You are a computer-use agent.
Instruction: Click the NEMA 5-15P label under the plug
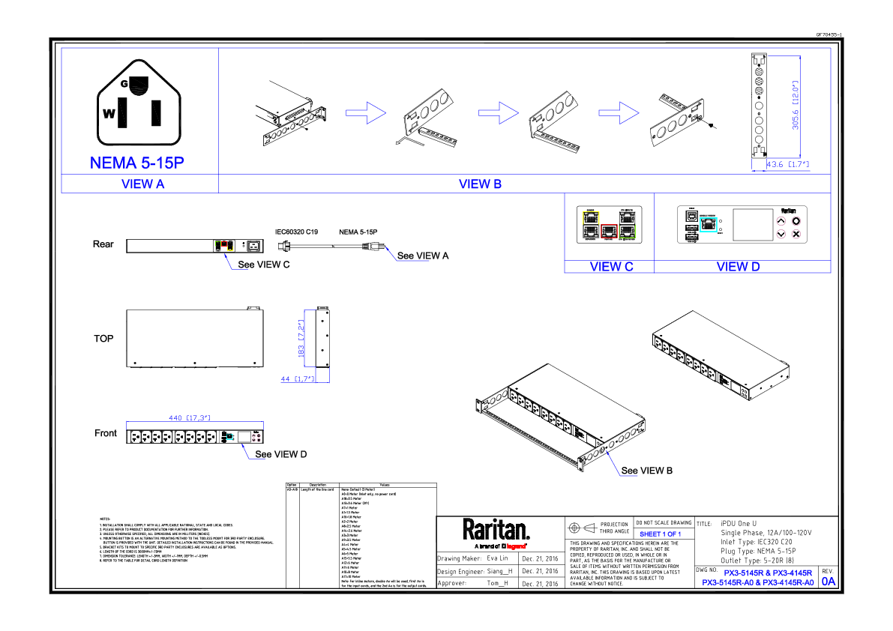pos(137,163)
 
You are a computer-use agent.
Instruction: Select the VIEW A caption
pos(142,184)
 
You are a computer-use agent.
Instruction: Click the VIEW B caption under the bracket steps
pos(480,184)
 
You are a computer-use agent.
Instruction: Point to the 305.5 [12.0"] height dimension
pos(796,106)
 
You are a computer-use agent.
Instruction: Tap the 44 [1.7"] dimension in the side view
pos(297,379)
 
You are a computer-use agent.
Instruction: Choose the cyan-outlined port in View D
pos(709,223)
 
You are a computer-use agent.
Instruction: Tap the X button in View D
pos(796,234)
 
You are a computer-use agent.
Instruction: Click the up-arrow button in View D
pos(781,221)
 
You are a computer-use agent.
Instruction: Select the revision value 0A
pos(828,581)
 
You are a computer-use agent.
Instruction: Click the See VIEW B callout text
pos(646,471)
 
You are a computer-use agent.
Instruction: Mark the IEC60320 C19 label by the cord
pos(297,233)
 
